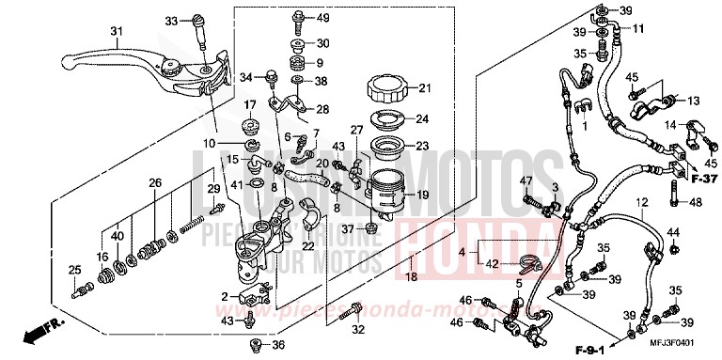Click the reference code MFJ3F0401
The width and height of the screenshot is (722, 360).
tap(672, 345)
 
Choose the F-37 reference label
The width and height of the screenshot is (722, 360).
tap(699, 179)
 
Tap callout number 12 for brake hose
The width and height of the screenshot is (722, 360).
tap(640, 203)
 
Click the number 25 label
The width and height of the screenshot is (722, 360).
tap(74, 273)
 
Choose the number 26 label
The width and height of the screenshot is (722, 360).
tap(154, 182)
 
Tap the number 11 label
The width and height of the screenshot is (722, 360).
tap(638, 28)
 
